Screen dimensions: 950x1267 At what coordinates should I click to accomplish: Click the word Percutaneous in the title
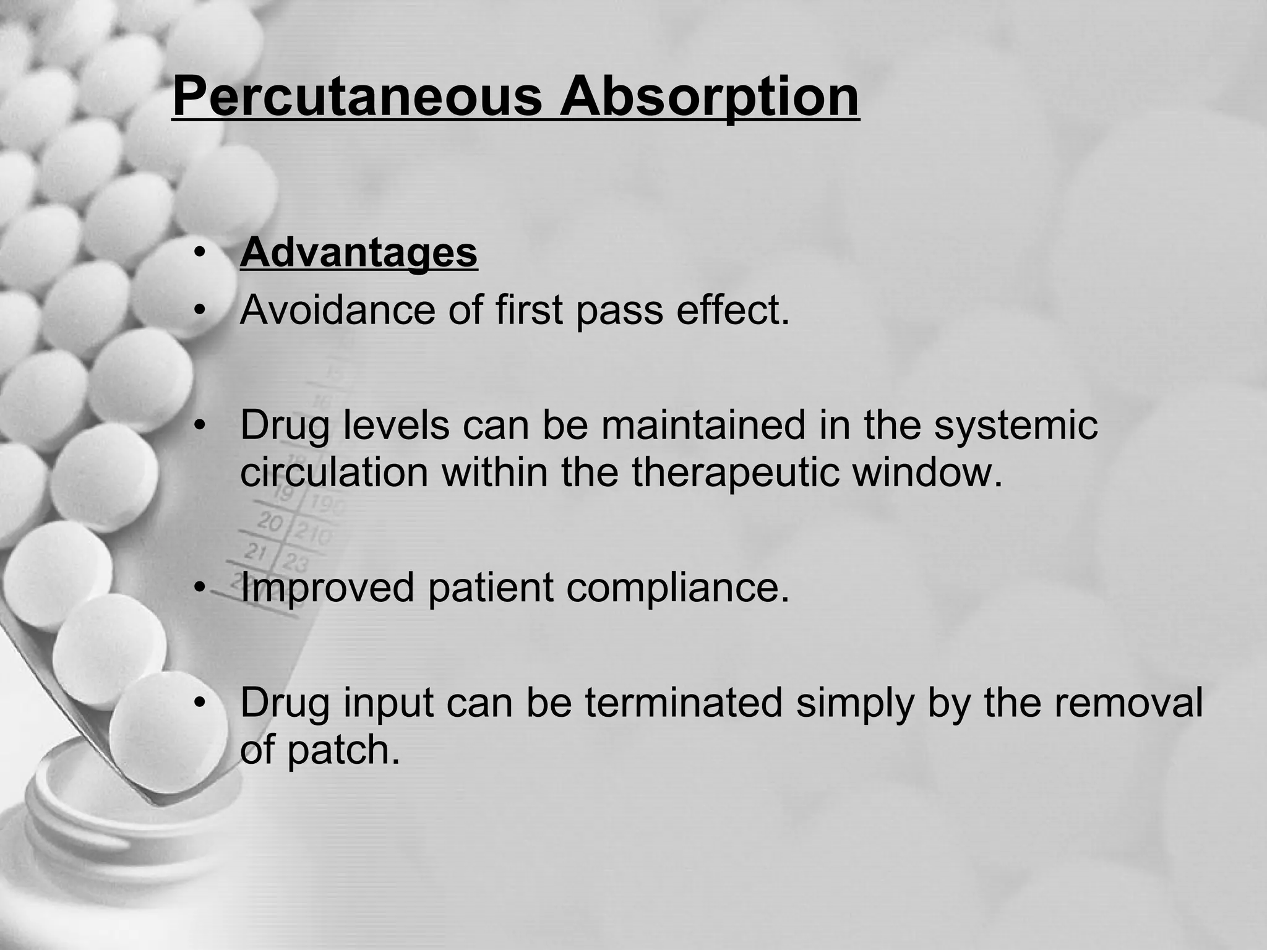point(357,97)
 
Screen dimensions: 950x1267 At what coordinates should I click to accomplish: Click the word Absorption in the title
point(709,97)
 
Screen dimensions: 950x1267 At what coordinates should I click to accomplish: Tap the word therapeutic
point(734,473)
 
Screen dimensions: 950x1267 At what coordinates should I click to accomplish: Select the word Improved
point(327,588)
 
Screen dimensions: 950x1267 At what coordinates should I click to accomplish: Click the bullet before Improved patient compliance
point(199,588)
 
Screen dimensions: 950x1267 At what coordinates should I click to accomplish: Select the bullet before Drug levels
point(199,426)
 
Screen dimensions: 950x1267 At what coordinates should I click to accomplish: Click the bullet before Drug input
point(199,704)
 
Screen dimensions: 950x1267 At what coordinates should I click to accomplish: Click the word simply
point(854,704)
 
